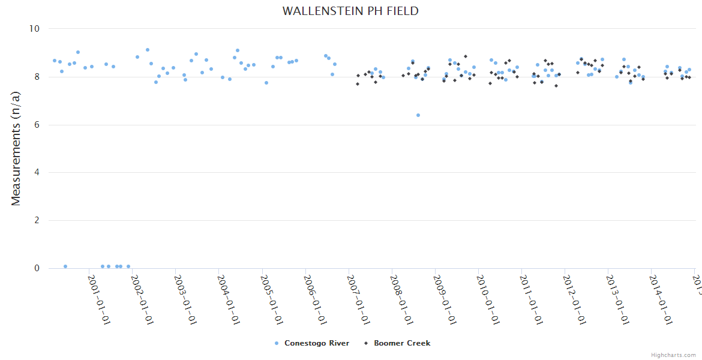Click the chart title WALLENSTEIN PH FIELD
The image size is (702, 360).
click(x=350, y=11)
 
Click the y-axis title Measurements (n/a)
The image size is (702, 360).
click(x=16, y=148)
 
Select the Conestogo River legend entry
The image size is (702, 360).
click(x=316, y=343)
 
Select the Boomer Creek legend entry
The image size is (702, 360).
click(x=401, y=343)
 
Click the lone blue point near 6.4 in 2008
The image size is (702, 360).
click(x=418, y=115)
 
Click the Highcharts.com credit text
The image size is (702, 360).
click(x=673, y=355)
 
